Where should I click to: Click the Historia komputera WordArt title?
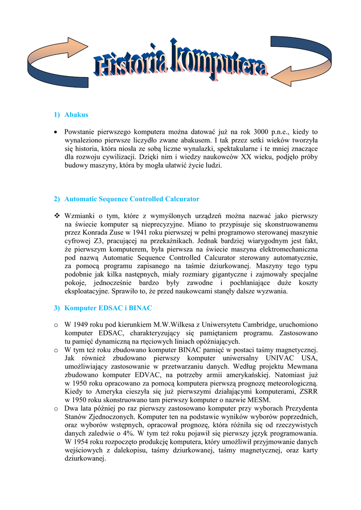[181, 65]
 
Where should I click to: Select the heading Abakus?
[76, 115]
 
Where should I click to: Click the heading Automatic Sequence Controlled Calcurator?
[132, 199]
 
